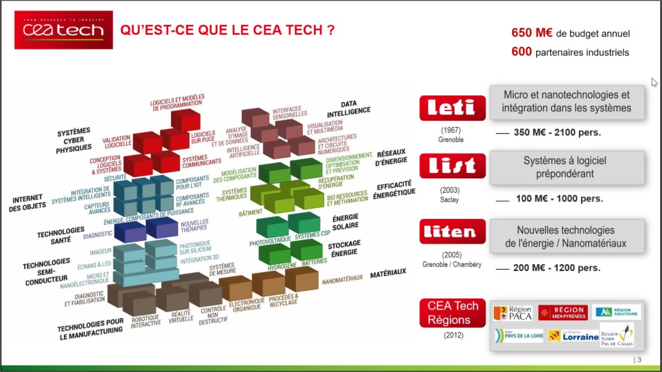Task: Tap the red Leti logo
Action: pyautogui.click(x=452, y=107)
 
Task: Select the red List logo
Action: pyautogui.click(x=452, y=165)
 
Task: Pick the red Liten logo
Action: pyautogui.click(x=452, y=231)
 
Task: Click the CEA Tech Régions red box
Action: pyautogui.click(x=453, y=313)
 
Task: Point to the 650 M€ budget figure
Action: pyautogui.click(x=532, y=33)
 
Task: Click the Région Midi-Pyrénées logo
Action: pyautogui.click(x=563, y=313)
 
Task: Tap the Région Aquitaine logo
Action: pyautogui.click(x=616, y=312)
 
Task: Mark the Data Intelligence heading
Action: pyautogui.click(x=356, y=108)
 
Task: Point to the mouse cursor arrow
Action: pyautogui.click(x=654, y=82)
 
